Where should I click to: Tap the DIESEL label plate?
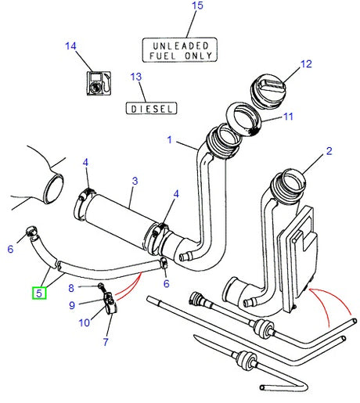click(151, 108)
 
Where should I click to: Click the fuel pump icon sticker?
click(97, 82)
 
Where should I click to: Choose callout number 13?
click(136, 77)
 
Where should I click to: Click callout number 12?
click(305, 63)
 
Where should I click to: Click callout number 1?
click(168, 140)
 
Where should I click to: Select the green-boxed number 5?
click(38, 293)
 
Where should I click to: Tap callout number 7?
click(106, 341)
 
